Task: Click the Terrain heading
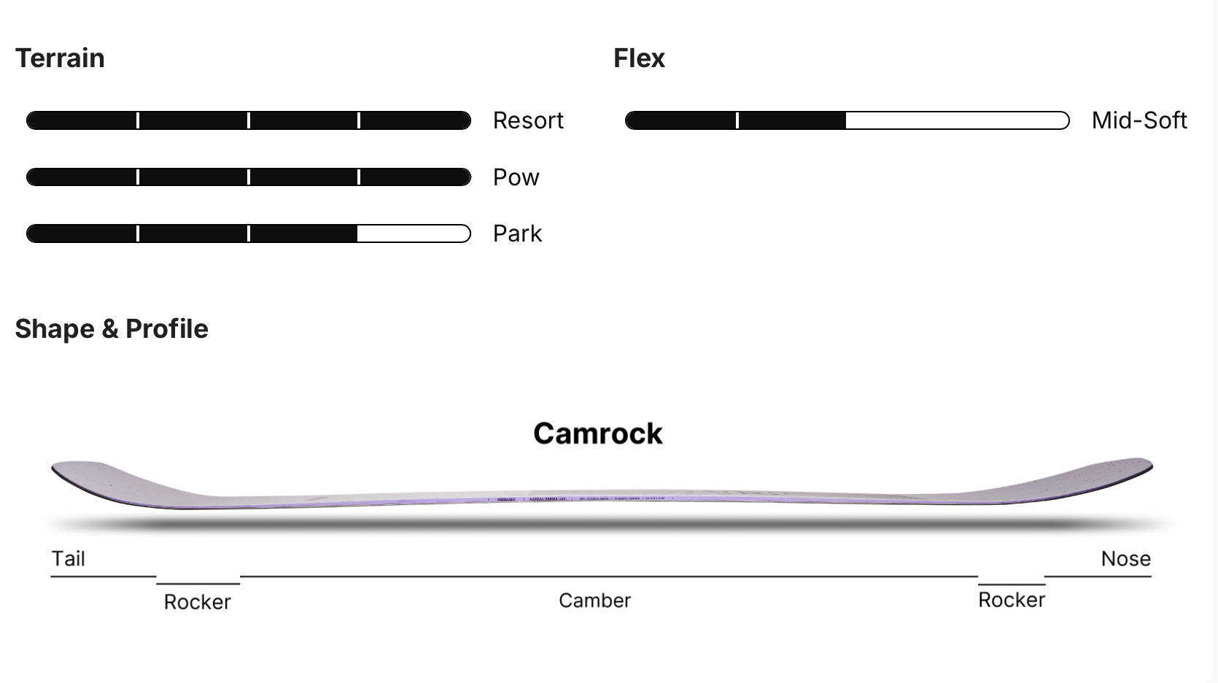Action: (60, 58)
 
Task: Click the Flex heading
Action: (639, 58)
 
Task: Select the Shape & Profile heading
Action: (112, 329)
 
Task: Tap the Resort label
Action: (528, 120)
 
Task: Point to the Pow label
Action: (516, 177)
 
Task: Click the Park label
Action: (517, 234)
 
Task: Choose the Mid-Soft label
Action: (1139, 120)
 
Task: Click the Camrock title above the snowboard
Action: (597, 433)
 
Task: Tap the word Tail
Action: (68, 559)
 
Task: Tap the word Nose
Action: (1125, 559)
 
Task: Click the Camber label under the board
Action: (594, 601)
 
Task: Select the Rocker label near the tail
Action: (197, 602)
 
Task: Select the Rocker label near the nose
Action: (1011, 600)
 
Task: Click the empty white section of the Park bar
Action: (413, 234)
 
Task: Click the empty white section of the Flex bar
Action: (955, 120)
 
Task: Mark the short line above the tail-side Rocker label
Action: (198, 584)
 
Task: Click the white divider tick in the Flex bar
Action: (737, 120)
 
